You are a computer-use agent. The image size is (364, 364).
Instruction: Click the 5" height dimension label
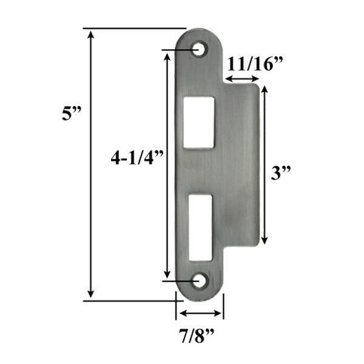72,114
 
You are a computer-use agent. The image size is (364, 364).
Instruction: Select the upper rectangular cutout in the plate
199,121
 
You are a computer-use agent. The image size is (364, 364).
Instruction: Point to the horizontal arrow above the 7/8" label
200,314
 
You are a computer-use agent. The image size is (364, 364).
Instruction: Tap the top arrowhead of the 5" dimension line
92,33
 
